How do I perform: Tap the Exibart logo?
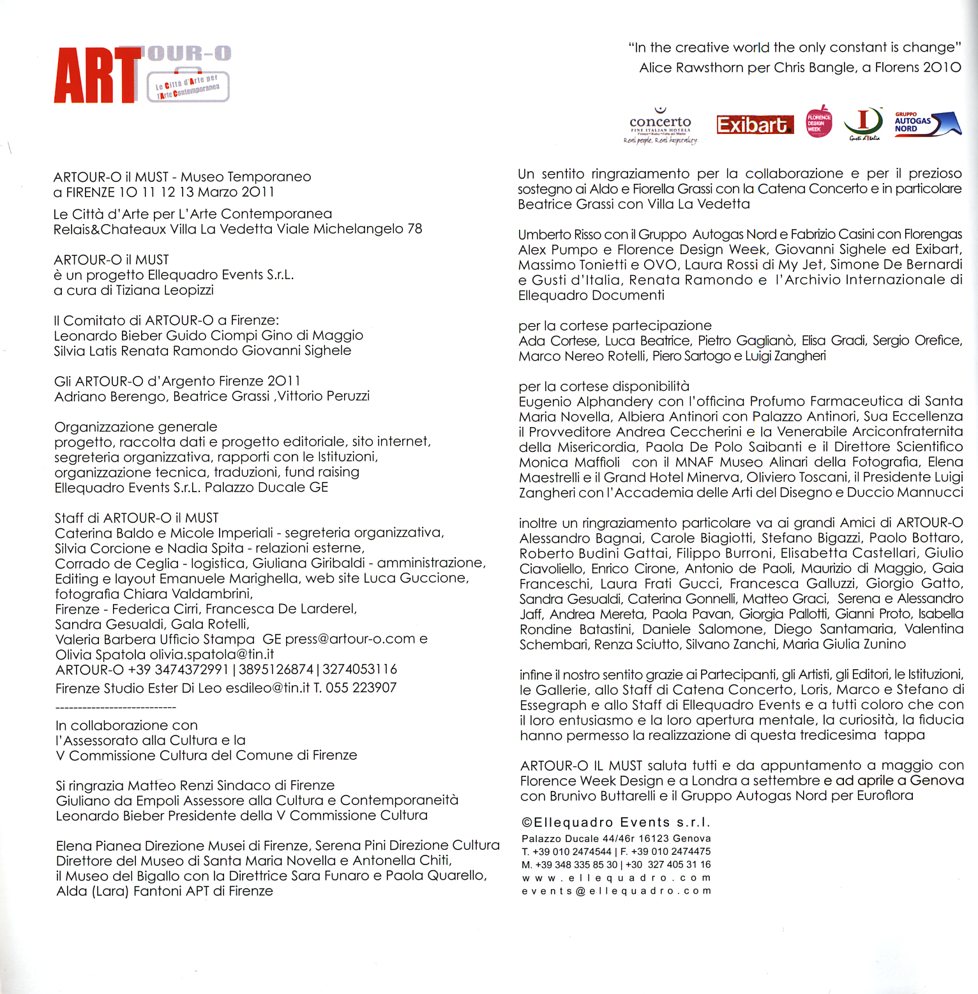pos(755,124)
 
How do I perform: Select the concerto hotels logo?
pos(660,125)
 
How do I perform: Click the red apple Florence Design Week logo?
pos(819,122)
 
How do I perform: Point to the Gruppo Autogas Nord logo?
pos(927,123)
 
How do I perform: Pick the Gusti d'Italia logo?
pos(863,123)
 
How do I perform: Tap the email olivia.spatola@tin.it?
pos(212,654)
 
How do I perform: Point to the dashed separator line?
pos(116,707)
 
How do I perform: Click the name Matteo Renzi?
pos(167,785)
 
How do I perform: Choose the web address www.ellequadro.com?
pos(616,878)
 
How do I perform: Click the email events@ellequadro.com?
pos(616,891)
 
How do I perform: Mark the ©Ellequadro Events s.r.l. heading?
pos(616,823)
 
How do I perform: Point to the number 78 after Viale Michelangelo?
pos(414,229)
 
